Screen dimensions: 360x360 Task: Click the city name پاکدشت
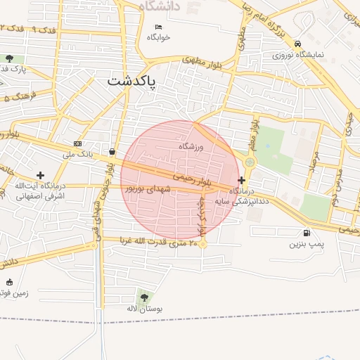coord(133,82)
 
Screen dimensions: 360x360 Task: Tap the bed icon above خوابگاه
coord(158,27)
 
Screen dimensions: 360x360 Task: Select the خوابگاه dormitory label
coord(159,38)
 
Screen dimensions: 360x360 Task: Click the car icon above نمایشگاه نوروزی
coord(299,42)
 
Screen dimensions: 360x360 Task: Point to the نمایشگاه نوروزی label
coord(299,54)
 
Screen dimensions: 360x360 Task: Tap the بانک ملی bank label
coord(77,153)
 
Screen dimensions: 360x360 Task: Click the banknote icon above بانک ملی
coord(77,143)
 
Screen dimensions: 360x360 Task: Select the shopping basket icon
coord(112,150)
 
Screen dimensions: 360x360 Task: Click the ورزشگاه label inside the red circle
coord(191,146)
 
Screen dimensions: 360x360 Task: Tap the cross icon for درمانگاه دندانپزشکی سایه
coord(242,181)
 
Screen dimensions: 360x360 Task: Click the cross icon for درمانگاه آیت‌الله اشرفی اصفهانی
coord(40,175)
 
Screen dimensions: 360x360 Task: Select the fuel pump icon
coord(306,233)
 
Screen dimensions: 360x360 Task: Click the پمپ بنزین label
coord(307,245)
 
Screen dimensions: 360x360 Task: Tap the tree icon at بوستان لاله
coord(145,297)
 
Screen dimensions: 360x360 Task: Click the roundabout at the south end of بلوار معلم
coord(250,162)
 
